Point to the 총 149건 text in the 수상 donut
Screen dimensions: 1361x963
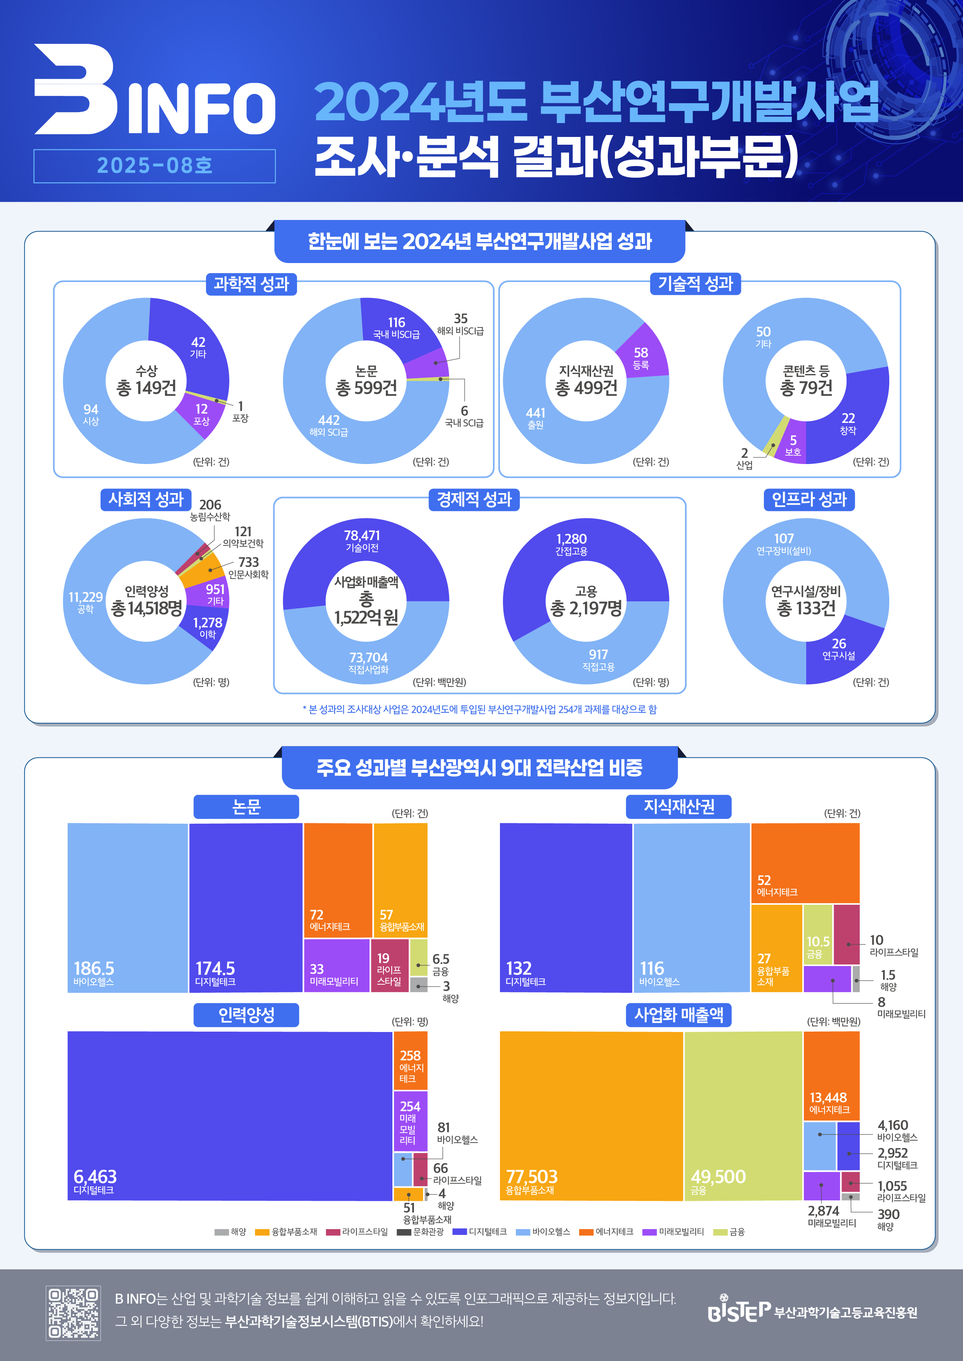pyautogui.click(x=146, y=388)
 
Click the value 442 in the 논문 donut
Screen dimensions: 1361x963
pyautogui.click(x=328, y=420)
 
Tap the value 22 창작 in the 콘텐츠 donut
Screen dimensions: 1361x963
pyautogui.click(x=848, y=422)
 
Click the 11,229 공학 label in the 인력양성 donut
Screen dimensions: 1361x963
pyautogui.click(x=85, y=601)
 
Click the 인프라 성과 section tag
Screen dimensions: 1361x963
pyautogui.click(x=809, y=499)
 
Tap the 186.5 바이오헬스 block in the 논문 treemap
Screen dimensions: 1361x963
pyautogui.click(x=127, y=907)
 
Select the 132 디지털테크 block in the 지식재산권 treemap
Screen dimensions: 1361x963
pyautogui.click(x=566, y=907)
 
